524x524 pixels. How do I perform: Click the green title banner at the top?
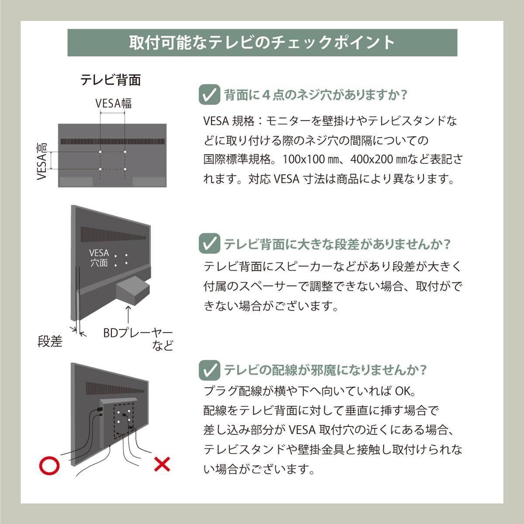click(x=262, y=43)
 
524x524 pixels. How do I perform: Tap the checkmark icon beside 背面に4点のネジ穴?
click(x=209, y=94)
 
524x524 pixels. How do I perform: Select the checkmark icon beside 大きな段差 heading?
click(x=209, y=244)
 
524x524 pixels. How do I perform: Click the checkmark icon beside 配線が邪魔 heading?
click(x=209, y=370)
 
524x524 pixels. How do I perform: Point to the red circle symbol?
click(x=49, y=465)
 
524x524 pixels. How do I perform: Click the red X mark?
click(x=162, y=465)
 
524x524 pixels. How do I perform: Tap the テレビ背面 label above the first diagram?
click(x=111, y=80)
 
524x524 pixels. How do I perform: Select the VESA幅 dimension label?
click(x=114, y=103)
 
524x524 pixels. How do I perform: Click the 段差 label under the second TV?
click(x=50, y=341)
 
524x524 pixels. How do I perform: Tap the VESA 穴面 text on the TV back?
click(x=99, y=258)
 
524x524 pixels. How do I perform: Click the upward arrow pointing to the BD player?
click(x=128, y=314)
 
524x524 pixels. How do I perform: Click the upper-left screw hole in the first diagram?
click(x=100, y=152)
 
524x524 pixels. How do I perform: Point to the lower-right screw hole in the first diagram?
click(x=125, y=169)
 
